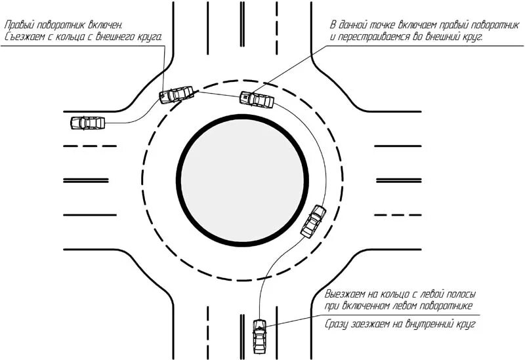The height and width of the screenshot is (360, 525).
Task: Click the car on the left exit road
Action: pyautogui.click(x=87, y=123)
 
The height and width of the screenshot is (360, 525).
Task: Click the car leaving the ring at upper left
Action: pyautogui.click(x=177, y=95)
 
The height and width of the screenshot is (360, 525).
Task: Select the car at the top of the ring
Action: pyautogui.click(x=256, y=100)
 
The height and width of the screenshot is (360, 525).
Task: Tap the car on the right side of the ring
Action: pyautogui.click(x=313, y=222)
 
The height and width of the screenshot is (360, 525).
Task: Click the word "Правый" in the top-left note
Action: pyautogui.click(x=20, y=25)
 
